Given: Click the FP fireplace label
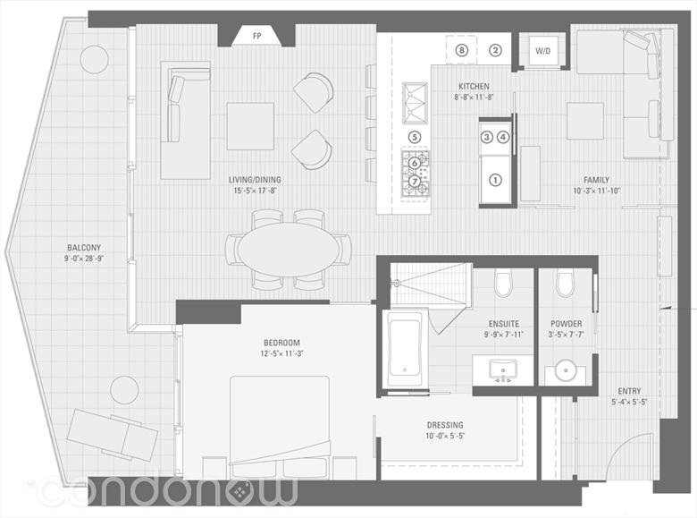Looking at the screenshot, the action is tap(257, 37).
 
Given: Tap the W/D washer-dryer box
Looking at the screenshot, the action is tap(542, 51).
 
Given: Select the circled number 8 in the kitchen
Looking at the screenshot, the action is tap(462, 50).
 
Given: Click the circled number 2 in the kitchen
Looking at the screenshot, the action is tap(496, 50).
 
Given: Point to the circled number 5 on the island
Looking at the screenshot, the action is tap(415, 137).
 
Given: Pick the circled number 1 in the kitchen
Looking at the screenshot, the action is tap(495, 180).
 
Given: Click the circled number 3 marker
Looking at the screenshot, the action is tap(487, 137).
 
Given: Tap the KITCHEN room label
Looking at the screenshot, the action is tap(474, 86).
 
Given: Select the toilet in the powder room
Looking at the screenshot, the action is tap(566, 284).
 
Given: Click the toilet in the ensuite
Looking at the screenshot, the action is tap(504, 284).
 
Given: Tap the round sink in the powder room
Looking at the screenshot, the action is tap(566, 370).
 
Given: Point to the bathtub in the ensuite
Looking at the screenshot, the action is tap(405, 349).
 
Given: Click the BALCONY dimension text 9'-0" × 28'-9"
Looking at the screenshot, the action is tap(84, 259).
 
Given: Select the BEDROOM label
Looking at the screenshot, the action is tap(281, 343).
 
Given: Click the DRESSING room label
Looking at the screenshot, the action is tap(445, 425).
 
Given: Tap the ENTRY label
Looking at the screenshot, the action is tap(629, 391).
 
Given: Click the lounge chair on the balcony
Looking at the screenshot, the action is tap(113, 435).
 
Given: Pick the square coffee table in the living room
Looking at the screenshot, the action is tap(250, 126).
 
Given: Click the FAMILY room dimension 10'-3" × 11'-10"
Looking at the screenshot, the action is tap(597, 191).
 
